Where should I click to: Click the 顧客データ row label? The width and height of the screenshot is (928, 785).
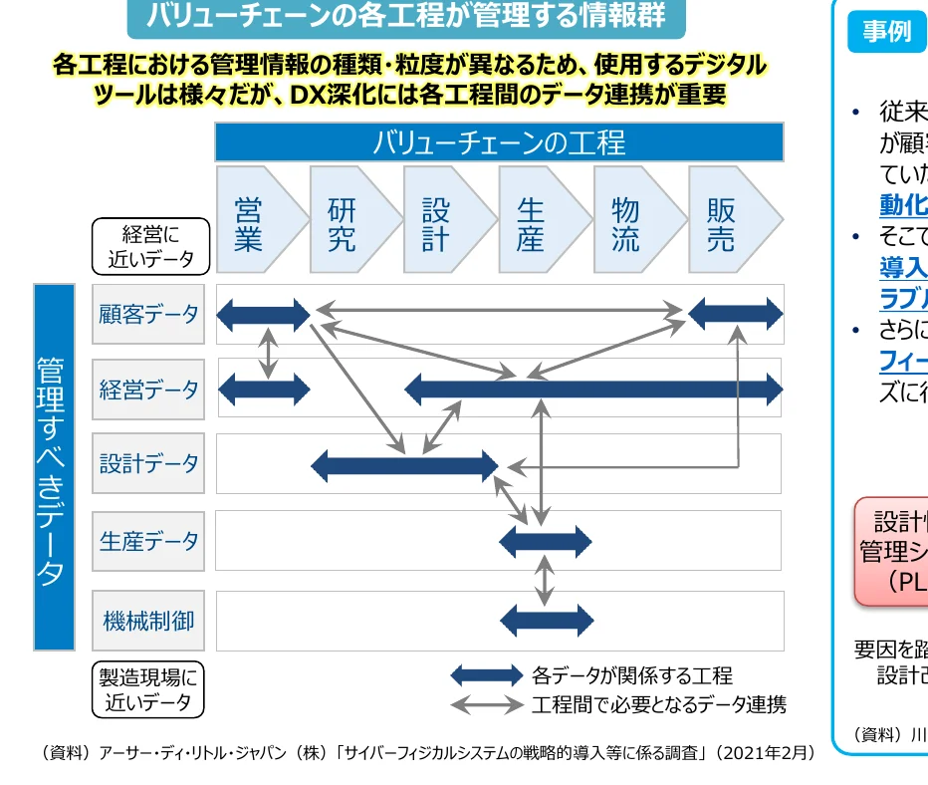point(148,315)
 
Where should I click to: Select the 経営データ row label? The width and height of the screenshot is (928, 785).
point(148,390)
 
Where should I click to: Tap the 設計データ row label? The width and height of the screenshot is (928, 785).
point(148,463)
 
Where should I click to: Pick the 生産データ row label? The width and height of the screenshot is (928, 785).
point(148,541)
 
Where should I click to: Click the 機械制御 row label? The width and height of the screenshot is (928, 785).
point(148,621)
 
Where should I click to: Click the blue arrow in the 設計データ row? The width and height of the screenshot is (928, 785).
point(404,465)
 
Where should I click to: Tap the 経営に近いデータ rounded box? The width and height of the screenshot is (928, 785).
point(150,246)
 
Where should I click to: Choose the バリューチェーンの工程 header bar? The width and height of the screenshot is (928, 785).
point(499,142)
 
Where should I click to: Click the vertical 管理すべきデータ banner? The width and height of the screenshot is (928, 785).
point(54,467)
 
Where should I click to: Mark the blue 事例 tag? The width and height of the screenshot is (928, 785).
point(886,32)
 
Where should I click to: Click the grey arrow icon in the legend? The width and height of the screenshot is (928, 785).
point(486,704)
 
